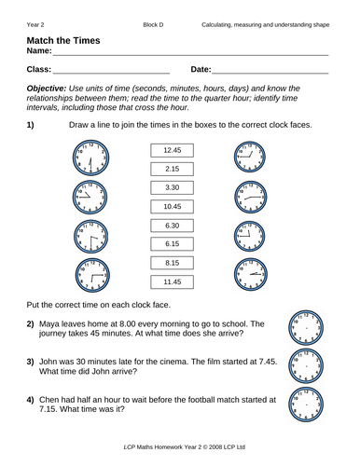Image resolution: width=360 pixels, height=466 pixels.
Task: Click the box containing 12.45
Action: pyautogui.click(x=171, y=150)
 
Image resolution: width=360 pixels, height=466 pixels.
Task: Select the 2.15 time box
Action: pyautogui.click(x=171, y=169)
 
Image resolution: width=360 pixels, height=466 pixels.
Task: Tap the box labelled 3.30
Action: pyautogui.click(x=171, y=187)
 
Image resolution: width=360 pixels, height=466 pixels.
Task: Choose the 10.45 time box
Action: pyautogui.click(x=171, y=206)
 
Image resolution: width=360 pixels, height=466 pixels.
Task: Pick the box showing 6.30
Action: pyautogui.click(x=171, y=226)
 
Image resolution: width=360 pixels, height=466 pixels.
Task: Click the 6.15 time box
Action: pyautogui.click(x=171, y=244)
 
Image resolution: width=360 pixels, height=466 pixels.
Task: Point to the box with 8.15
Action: pyautogui.click(x=171, y=264)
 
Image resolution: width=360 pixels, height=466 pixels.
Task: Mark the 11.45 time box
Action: pyautogui.click(x=171, y=282)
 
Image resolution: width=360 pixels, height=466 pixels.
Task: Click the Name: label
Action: pyautogui.click(x=41, y=54)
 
